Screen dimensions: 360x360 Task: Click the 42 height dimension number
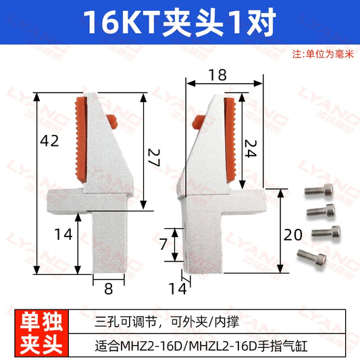point(49,140)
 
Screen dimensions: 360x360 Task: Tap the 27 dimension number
point(153,158)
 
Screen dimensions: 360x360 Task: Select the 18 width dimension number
point(217,75)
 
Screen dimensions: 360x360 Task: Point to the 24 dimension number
point(251,149)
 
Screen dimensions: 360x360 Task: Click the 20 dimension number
point(292,235)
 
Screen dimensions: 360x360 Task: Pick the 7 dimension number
point(163,244)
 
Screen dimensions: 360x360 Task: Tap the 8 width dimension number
point(108,288)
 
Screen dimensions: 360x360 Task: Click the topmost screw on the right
point(319,190)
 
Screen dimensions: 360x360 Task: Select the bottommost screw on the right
point(311,257)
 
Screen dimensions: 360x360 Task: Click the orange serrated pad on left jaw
point(81,140)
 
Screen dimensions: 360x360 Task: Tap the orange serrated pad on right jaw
point(230,140)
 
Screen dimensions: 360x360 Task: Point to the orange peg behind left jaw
point(113,122)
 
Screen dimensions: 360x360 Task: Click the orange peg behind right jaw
point(198,122)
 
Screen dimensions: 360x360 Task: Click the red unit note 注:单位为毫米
point(323,55)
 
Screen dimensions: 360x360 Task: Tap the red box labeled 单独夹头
point(42,333)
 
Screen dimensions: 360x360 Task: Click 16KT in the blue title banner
point(122,22)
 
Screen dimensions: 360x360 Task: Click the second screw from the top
point(321,211)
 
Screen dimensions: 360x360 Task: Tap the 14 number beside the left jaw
point(63,234)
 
